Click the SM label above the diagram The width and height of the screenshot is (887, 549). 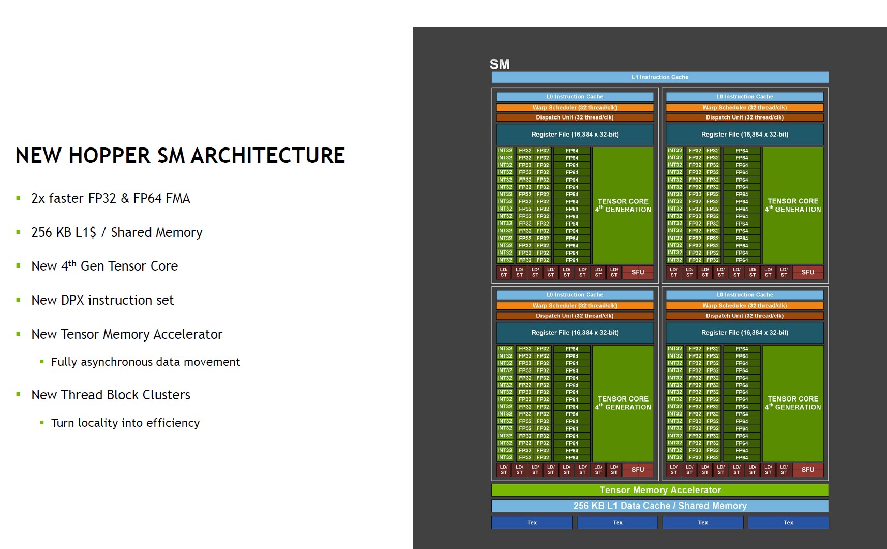pos(500,64)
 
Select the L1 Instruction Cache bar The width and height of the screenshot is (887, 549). pos(659,77)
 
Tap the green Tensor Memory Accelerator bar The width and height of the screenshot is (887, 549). pos(659,490)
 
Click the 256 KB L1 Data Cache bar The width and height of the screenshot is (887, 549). pos(659,506)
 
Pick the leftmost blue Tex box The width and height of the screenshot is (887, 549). pos(532,523)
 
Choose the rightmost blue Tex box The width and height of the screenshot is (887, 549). pos(788,523)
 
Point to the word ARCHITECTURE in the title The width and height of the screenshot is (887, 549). pos(267,156)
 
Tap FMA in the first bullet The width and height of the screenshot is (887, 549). pos(177,198)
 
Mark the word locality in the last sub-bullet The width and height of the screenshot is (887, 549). pos(98,423)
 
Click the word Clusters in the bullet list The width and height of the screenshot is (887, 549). pos(166,395)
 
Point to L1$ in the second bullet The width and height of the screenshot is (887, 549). pos(85,232)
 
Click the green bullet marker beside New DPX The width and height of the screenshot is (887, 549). pos(19,300)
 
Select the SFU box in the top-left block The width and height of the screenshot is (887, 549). pos(638,272)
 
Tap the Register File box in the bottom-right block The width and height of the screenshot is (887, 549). pos(744,333)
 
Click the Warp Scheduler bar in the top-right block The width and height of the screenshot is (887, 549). pos(744,108)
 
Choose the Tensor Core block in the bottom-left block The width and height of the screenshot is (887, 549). pos(623,403)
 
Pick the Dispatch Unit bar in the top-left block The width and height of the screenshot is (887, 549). pos(575,117)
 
